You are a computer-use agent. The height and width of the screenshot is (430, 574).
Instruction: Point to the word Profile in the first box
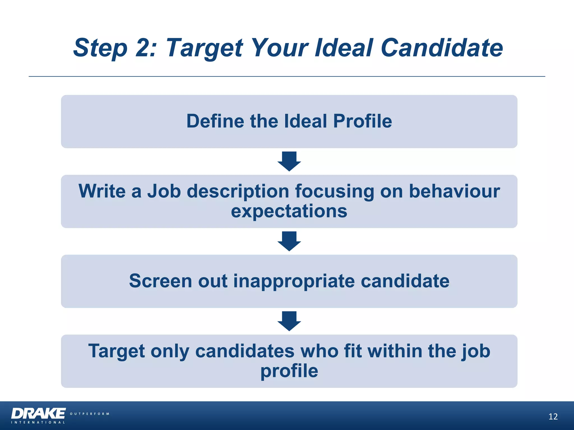(362, 121)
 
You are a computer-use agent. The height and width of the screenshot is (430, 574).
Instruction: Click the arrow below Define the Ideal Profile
(289, 161)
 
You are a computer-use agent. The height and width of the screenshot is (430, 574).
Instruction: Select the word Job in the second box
(164, 191)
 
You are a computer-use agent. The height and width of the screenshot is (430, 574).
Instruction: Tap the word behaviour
(454, 191)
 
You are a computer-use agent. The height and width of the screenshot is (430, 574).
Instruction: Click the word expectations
(289, 211)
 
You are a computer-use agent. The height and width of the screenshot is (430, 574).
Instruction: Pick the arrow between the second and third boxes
(289, 241)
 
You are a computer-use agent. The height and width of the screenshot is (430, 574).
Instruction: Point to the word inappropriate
(294, 281)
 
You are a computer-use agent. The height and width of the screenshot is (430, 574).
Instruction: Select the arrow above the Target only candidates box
(289, 321)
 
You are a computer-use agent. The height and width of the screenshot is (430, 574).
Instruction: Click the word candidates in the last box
(245, 351)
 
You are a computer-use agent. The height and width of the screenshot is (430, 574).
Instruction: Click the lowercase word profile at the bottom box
(289, 371)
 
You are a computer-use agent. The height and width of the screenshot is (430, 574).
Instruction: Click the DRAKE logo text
(38, 413)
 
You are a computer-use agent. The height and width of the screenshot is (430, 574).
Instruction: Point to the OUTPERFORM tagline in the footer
(89, 414)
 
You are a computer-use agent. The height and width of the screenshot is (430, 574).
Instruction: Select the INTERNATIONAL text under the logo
(38, 422)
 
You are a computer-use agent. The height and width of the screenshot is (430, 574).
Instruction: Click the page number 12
(553, 417)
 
